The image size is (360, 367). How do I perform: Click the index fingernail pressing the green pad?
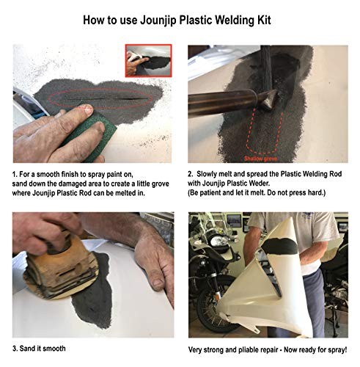pos(87,109)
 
